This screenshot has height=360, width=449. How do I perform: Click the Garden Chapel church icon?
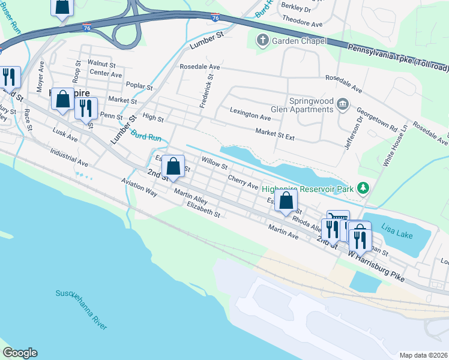(x=262, y=41)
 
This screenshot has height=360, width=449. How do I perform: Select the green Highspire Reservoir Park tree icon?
(x=363, y=188)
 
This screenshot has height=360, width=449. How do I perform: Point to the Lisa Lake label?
(x=397, y=232)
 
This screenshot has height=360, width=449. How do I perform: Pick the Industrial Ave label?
(x=69, y=158)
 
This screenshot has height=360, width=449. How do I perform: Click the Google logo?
(x=20, y=353)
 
